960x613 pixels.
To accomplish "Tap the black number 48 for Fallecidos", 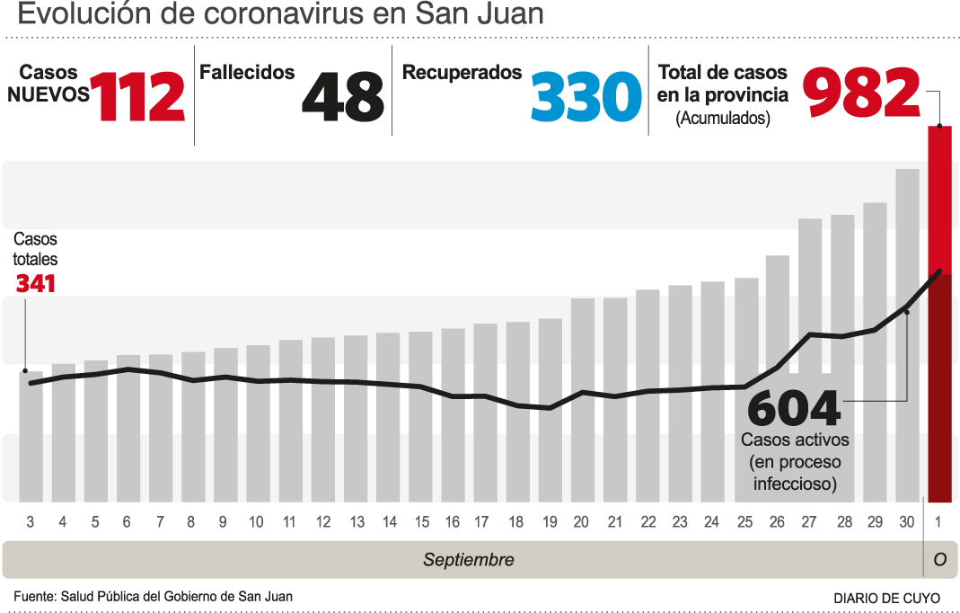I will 342,97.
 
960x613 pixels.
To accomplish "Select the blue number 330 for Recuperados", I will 586,97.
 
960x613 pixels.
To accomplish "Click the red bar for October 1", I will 939,315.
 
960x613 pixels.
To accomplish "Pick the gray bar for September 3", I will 31,436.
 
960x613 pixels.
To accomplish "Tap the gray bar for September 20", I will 582,400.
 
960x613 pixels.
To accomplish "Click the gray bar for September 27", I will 810,360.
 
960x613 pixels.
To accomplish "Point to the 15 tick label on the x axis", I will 421,522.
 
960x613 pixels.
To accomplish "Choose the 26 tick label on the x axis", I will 777,522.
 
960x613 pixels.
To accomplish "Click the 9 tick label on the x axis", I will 223,522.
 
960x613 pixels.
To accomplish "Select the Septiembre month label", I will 468,560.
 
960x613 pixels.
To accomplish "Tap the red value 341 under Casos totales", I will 36,284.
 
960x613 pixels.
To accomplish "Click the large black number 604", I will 794,408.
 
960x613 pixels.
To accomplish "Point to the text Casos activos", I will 795,440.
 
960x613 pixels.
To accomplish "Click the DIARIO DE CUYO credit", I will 886,598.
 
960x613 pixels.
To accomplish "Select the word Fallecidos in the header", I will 247,73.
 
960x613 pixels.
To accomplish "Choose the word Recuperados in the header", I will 462,73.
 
